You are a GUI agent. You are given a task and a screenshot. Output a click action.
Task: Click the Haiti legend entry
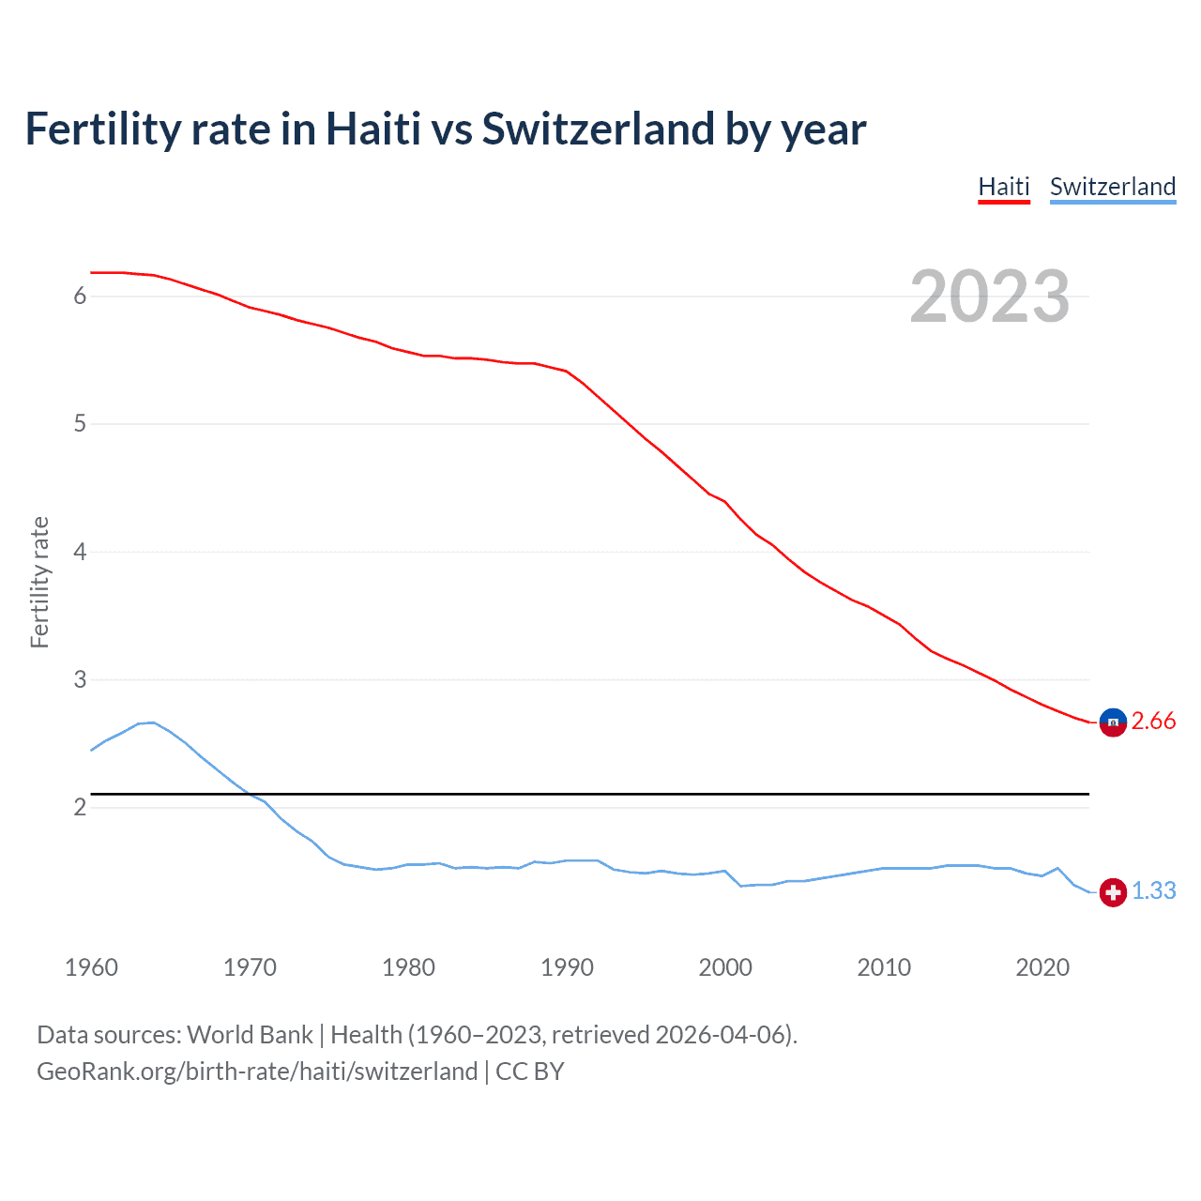pyautogui.click(x=1003, y=187)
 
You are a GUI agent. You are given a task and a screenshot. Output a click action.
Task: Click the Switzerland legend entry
pyautogui.click(x=1112, y=187)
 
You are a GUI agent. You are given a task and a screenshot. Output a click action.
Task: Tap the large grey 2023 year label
pyautogui.click(x=989, y=296)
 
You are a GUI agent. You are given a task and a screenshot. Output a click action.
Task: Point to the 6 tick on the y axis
pyautogui.click(x=80, y=296)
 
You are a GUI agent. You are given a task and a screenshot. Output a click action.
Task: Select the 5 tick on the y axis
pyautogui.click(x=80, y=424)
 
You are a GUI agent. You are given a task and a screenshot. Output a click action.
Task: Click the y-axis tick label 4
pyautogui.click(x=80, y=552)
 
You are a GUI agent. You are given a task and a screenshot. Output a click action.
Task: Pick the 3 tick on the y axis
pyautogui.click(x=80, y=679)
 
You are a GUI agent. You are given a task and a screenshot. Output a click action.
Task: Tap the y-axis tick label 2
pyautogui.click(x=80, y=807)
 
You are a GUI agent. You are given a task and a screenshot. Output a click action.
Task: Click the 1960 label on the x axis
pyautogui.click(x=91, y=967)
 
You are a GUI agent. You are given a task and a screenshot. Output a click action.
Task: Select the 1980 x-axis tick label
pyautogui.click(x=408, y=967)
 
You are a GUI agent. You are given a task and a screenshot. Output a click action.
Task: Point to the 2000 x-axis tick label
pyautogui.click(x=725, y=967)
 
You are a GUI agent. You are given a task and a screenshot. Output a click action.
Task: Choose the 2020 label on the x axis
pyautogui.click(x=1042, y=967)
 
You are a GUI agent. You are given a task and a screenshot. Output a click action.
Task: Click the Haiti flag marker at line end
pyautogui.click(x=1113, y=722)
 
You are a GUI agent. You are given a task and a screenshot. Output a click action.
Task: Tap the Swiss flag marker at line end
pyautogui.click(x=1113, y=892)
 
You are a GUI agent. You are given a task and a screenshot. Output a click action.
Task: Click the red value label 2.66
pyautogui.click(x=1153, y=721)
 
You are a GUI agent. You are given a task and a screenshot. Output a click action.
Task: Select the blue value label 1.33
pyautogui.click(x=1153, y=890)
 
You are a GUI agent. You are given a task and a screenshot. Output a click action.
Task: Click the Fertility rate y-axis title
pyautogui.click(x=39, y=582)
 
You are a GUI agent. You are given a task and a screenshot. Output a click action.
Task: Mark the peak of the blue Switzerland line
pyautogui.click(x=153, y=722)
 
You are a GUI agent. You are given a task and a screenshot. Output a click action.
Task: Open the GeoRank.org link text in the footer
pyautogui.click(x=257, y=1072)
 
